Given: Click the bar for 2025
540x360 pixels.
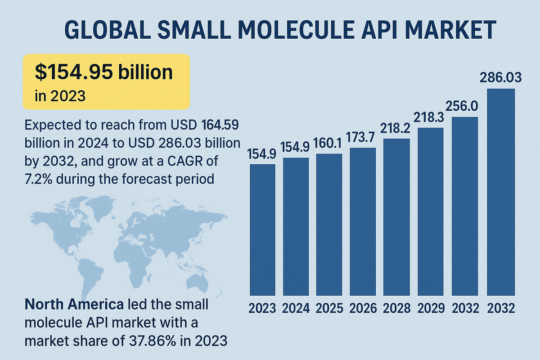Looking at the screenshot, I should coord(328,225).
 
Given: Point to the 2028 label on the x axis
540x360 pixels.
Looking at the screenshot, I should coord(396,309).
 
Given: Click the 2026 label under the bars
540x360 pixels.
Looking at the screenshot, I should coord(363,309).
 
